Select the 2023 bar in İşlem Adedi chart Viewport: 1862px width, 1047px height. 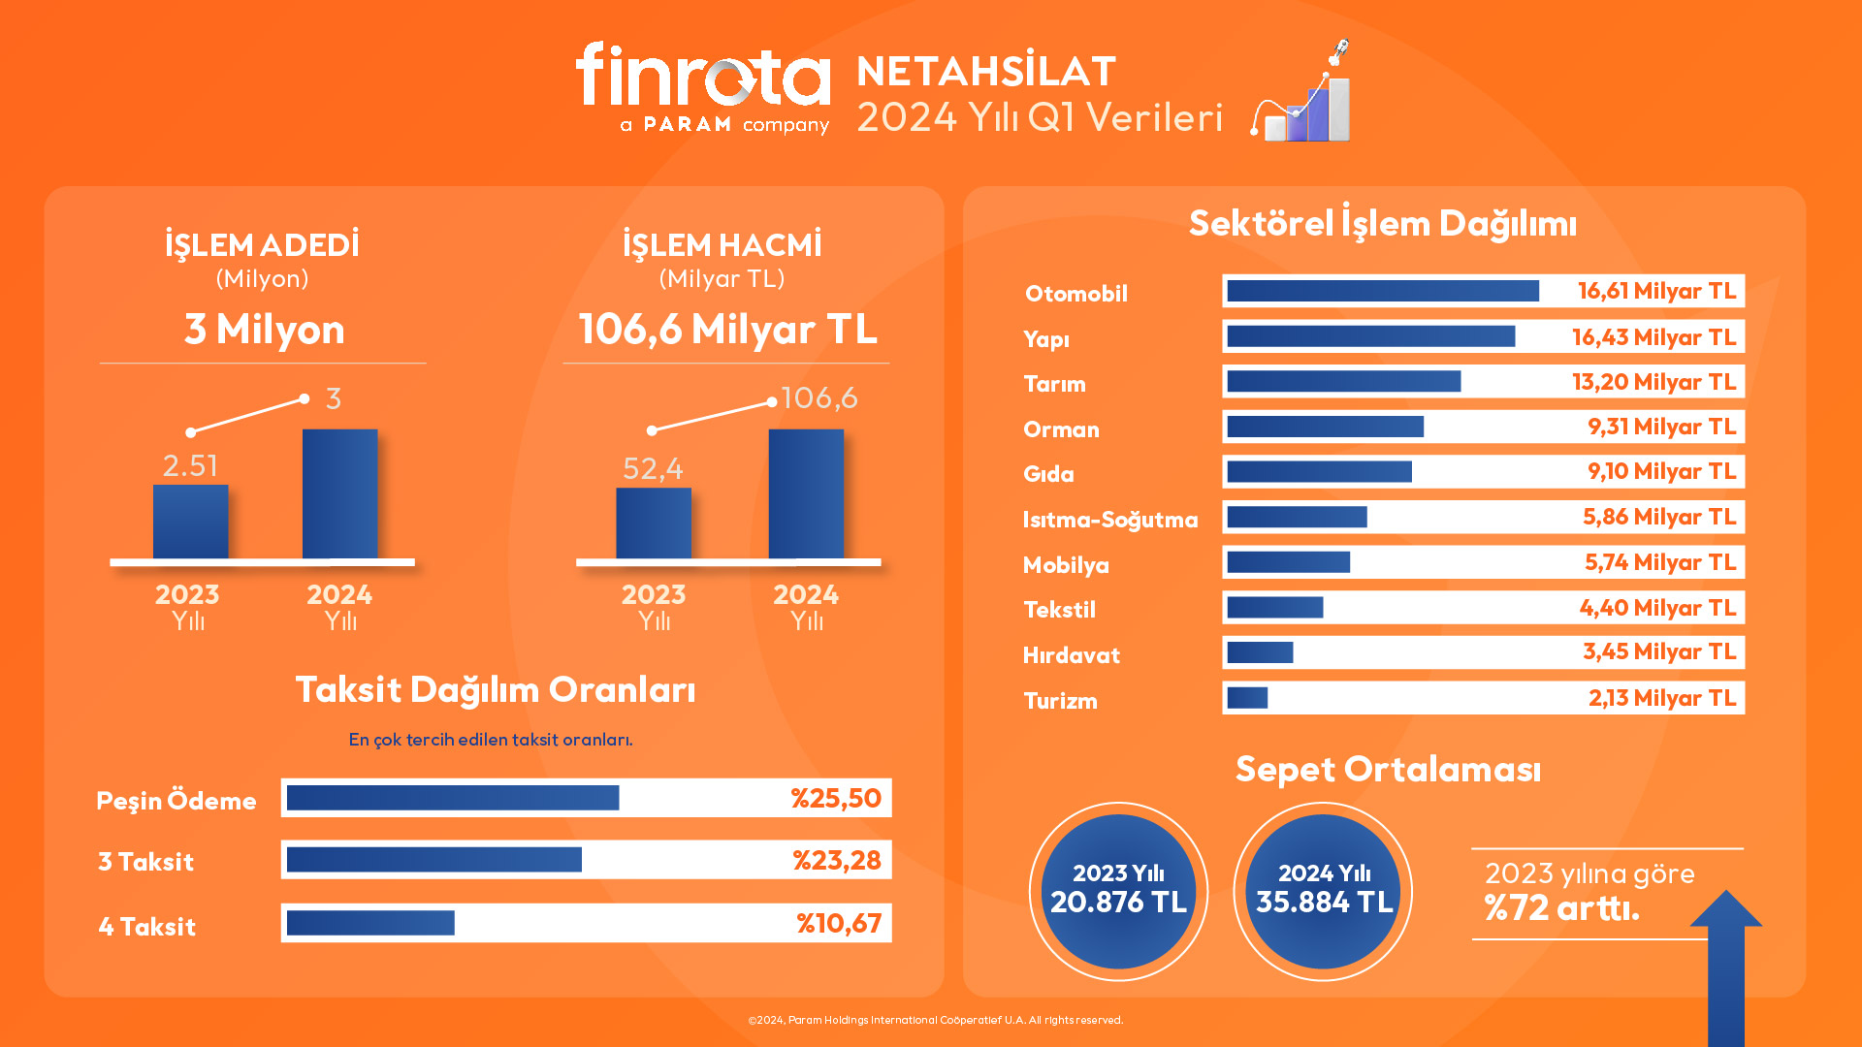pyautogui.click(x=190, y=522)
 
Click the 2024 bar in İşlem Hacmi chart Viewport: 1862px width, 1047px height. pyautogui.click(x=806, y=493)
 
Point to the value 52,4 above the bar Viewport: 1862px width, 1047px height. pyautogui.click(x=653, y=469)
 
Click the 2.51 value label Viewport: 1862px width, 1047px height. pyautogui.click(x=190, y=466)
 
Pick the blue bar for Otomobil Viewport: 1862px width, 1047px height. pyautogui.click(x=1382, y=291)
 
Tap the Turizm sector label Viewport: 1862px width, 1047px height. pyautogui.click(x=1060, y=701)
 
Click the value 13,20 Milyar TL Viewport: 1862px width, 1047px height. pyautogui.click(x=1653, y=382)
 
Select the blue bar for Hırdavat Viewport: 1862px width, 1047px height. pyautogui.click(x=1260, y=652)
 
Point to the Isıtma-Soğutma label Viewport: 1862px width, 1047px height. pyautogui.click(x=1109, y=520)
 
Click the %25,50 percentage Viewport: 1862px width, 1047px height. pyautogui.click(x=835, y=799)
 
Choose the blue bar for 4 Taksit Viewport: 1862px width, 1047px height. pyautogui.click(x=370, y=923)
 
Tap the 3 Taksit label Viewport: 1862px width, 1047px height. pyautogui.click(x=145, y=862)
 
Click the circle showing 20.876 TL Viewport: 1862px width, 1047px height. pyautogui.click(x=1118, y=891)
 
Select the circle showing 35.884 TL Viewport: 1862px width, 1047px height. pyautogui.click(x=1323, y=891)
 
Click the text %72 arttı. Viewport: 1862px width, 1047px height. pyautogui.click(x=1561, y=908)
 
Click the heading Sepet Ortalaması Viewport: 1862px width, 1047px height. pyautogui.click(x=1388, y=770)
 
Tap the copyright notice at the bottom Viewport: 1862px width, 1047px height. pyautogui.click(x=935, y=1020)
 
